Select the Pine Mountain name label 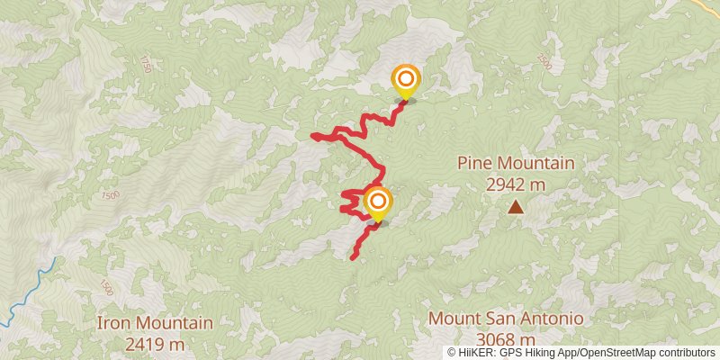click(x=515, y=164)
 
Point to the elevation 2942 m click(x=516, y=184)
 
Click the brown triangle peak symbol click(x=516, y=208)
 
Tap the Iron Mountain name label click(x=155, y=322)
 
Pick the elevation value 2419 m click(x=155, y=343)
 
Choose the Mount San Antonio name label click(x=506, y=319)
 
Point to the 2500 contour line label click(x=544, y=61)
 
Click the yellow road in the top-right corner click(x=706, y=4)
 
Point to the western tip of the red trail click(x=312, y=136)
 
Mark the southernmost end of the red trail click(x=352, y=257)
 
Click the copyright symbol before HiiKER click(x=452, y=353)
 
